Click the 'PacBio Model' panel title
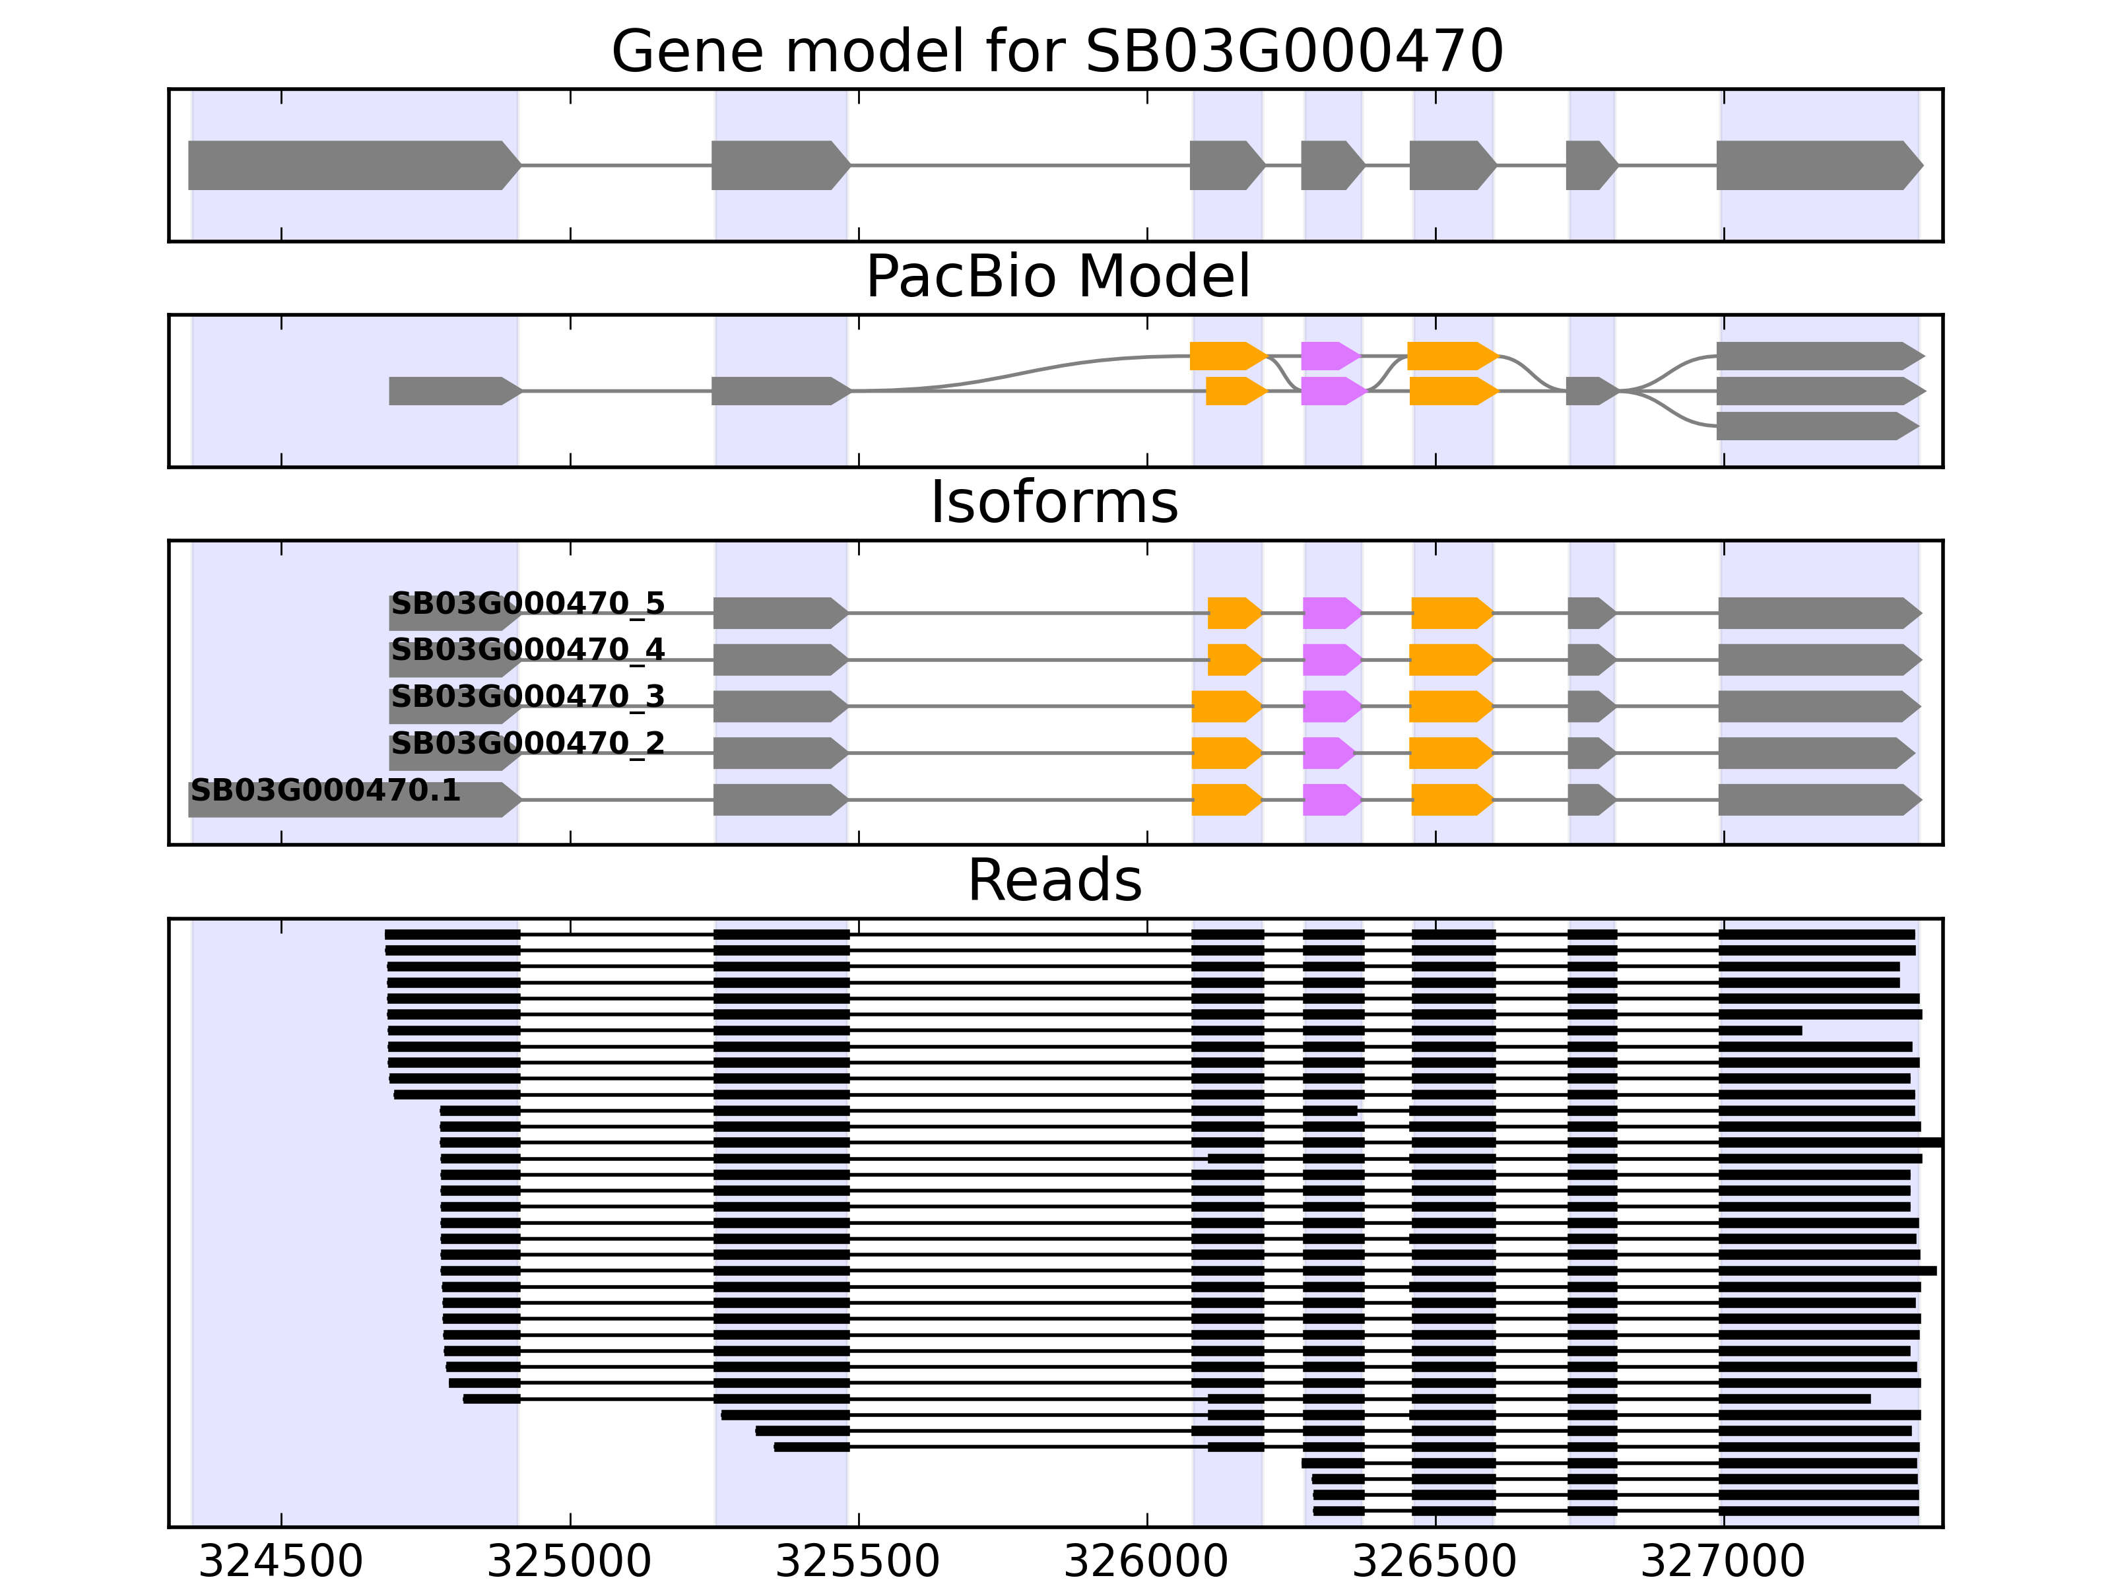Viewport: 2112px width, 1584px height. point(1056,277)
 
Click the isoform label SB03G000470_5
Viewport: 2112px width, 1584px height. point(527,603)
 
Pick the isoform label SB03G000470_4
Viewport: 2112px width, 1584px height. point(527,650)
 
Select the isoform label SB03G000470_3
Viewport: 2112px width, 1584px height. point(527,697)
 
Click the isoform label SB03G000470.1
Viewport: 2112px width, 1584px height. point(325,791)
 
